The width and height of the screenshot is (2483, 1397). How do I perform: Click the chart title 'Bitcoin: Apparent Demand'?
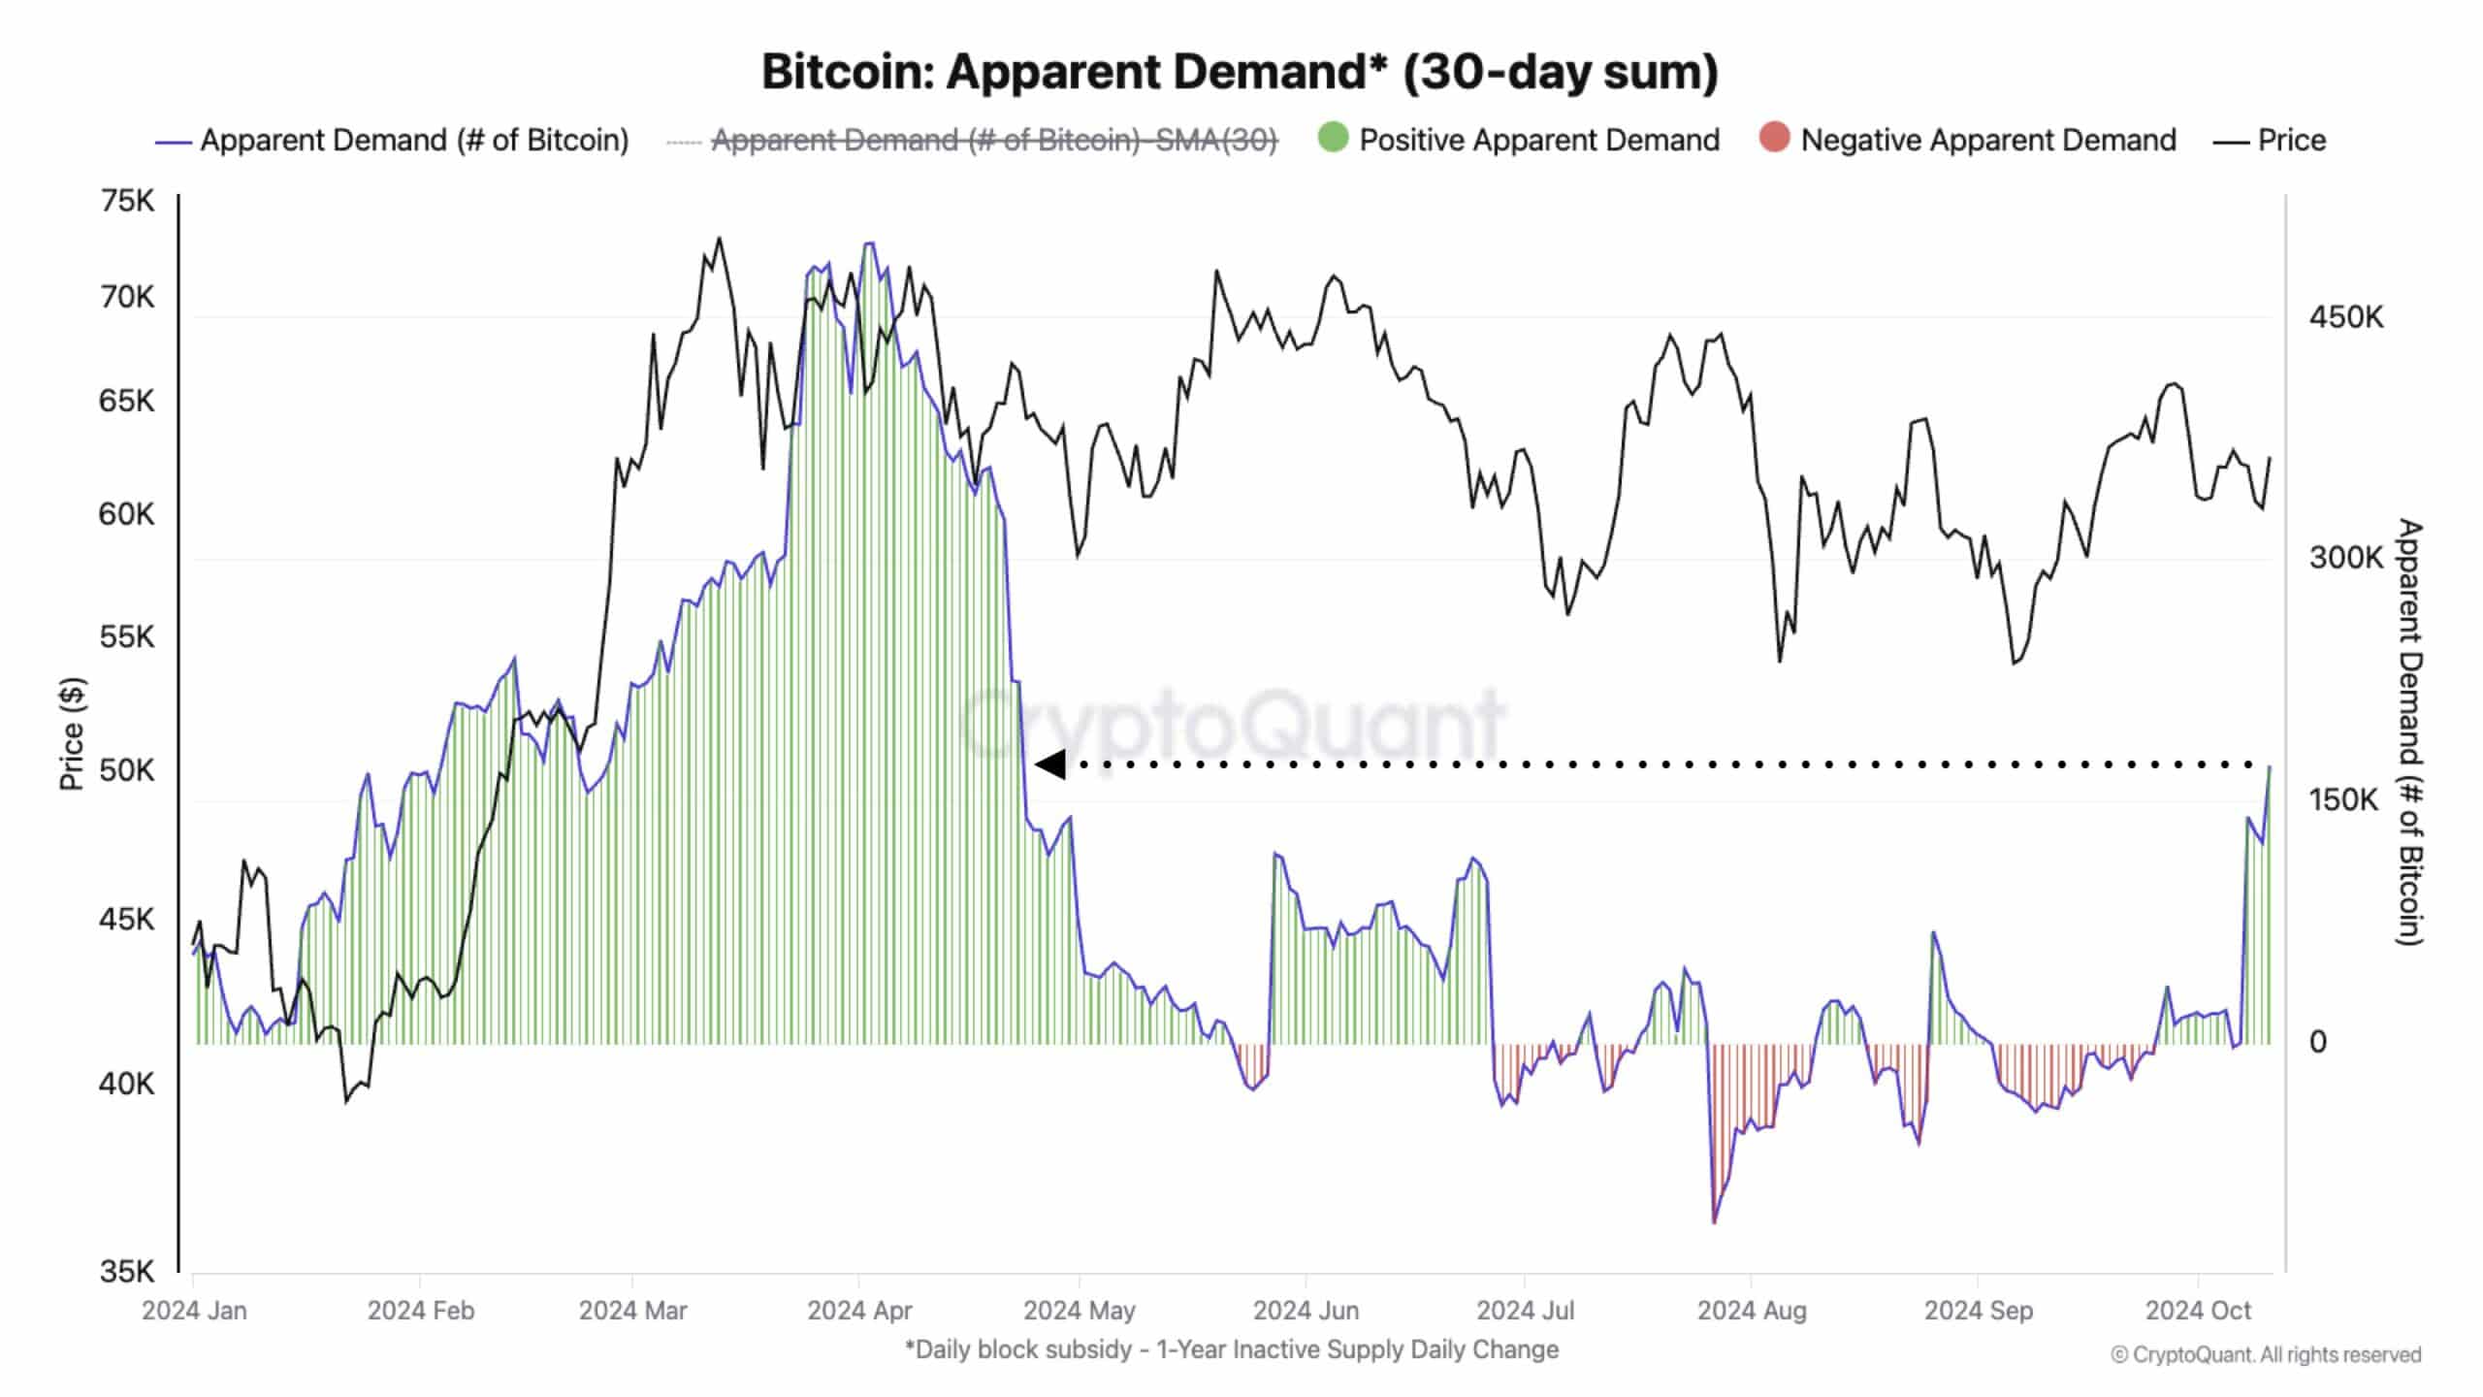pyautogui.click(x=1239, y=71)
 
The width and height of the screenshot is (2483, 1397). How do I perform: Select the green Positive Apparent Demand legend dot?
pyautogui.click(x=1334, y=138)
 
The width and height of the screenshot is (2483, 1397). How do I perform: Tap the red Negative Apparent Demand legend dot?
pyautogui.click(x=1774, y=138)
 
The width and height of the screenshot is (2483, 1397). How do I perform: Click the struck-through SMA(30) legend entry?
pyautogui.click(x=993, y=140)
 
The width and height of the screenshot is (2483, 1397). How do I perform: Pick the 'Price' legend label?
pyautogui.click(x=2291, y=140)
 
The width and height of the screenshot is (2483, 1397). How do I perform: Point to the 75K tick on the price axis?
pyautogui.click(x=127, y=201)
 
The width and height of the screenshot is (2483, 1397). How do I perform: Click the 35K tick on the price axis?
pyautogui.click(x=127, y=1271)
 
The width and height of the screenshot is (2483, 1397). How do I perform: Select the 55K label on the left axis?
pyautogui.click(x=127, y=636)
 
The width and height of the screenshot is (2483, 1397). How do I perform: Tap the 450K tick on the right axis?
pyautogui.click(x=2345, y=317)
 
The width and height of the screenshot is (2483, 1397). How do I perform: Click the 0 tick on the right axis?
pyautogui.click(x=2318, y=1042)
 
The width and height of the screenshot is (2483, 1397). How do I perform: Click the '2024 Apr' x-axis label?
pyautogui.click(x=859, y=1311)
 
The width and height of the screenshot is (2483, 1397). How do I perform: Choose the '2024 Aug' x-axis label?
pyautogui.click(x=1752, y=1311)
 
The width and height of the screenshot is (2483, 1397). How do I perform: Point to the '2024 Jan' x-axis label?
pyautogui.click(x=194, y=1311)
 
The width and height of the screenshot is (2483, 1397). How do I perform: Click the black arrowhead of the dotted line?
pyautogui.click(x=1050, y=764)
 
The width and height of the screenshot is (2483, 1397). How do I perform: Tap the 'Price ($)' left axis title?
pyautogui.click(x=72, y=733)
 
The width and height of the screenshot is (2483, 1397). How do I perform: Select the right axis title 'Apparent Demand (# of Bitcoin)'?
pyautogui.click(x=2408, y=731)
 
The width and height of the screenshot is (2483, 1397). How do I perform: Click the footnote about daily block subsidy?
pyautogui.click(x=1232, y=1349)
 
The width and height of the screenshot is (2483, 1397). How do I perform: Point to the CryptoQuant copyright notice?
pyautogui.click(x=2266, y=1355)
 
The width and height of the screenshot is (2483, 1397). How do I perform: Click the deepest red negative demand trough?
pyautogui.click(x=1714, y=1219)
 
